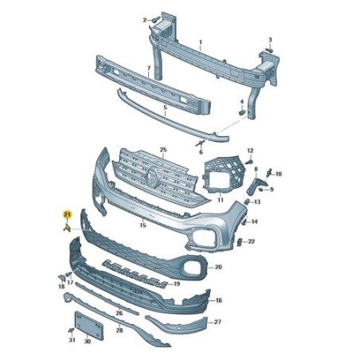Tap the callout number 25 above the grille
[x=163, y=150]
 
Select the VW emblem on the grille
[x=152, y=177]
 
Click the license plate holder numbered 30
[x=89, y=326]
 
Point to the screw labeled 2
[x=156, y=19]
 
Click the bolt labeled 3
[x=269, y=50]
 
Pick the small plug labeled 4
[x=242, y=112]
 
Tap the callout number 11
[x=221, y=200]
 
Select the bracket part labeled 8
[x=256, y=186]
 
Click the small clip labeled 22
[x=239, y=242]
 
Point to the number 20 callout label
[x=218, y=267]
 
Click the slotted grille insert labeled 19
[x=135, y=274]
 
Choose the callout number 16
[x=218, y=300]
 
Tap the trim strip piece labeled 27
[x=177, y=326]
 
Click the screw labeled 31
[x=71, y=331]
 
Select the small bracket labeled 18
[x=61, y=278]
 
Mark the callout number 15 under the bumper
[x=143, y=225]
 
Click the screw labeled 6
[x=200, y=143]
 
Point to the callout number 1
[x=201, y=42]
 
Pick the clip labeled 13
[x=247, y=202]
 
